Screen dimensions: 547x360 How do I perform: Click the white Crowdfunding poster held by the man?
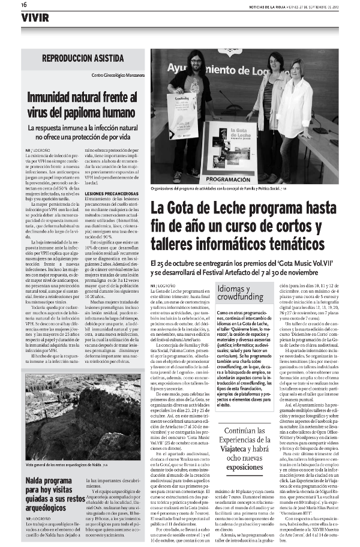point(182,117)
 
